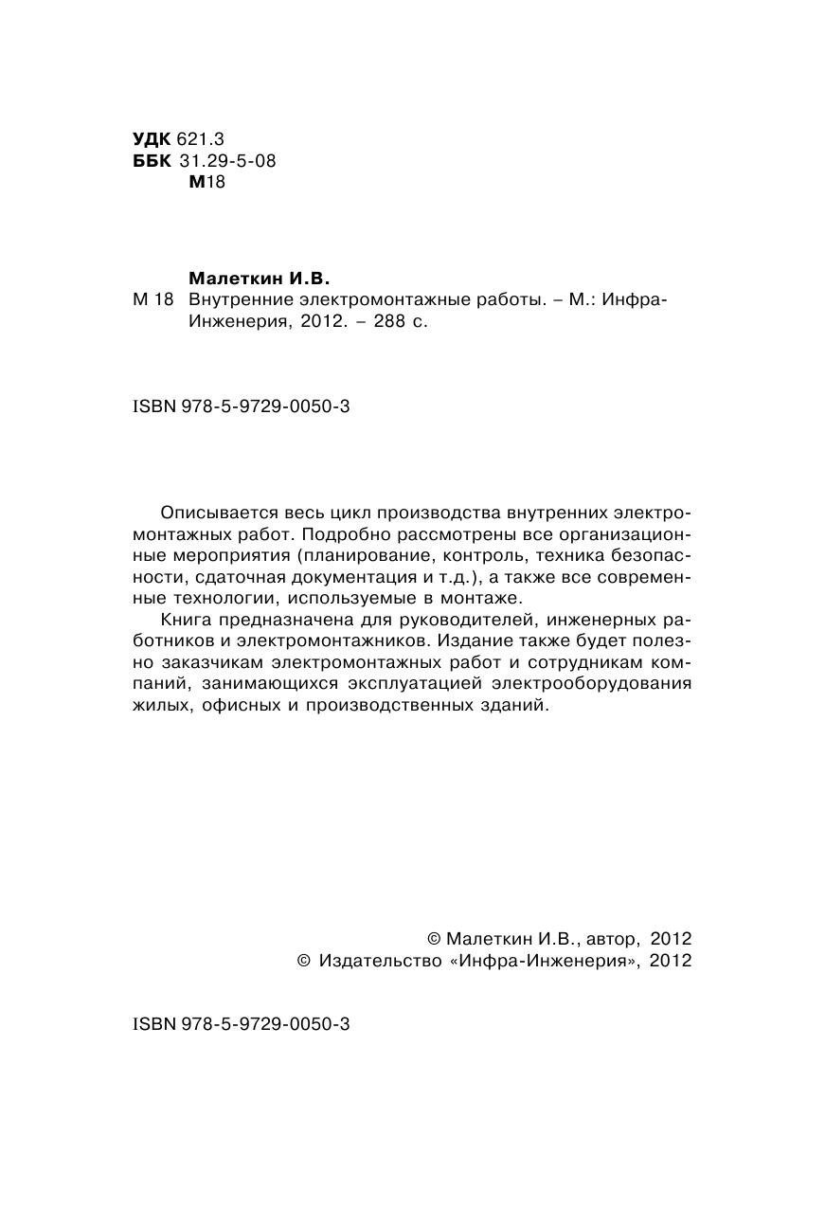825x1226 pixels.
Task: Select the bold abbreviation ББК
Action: [x=152, y=161]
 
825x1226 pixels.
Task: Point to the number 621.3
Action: [x=202, y=139]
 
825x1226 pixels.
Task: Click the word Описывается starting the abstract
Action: [x=219, y=513]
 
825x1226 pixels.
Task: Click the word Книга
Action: [x=188, y=621]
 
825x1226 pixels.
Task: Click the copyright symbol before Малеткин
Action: [x=434, y=939]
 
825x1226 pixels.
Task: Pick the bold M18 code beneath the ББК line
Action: [x=206, y=182]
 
